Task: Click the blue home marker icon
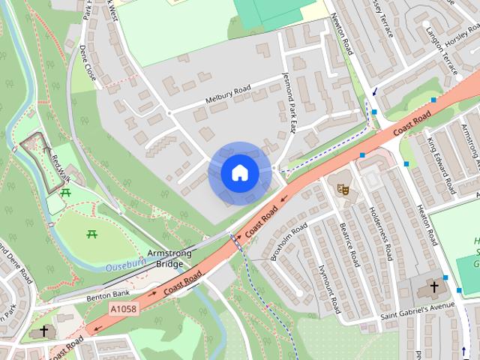point(239,173)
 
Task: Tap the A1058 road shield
point(123,309)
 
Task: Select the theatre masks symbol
point(343,188)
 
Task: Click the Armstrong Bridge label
point(169,259)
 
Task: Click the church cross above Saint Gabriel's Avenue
point(433,287)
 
